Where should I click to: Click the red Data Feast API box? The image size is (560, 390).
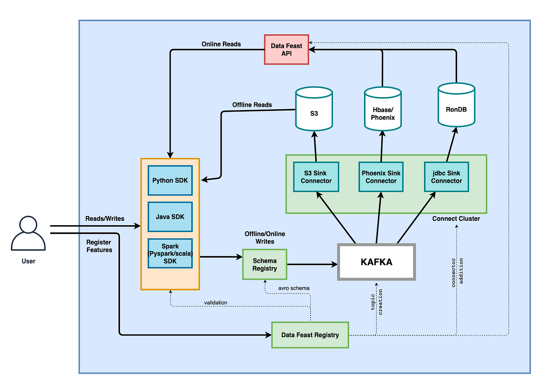(286, 50)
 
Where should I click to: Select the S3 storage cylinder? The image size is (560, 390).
(314, 109)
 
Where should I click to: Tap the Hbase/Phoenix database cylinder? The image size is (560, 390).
(383, 109)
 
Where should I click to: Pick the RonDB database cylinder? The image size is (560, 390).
(456, 105)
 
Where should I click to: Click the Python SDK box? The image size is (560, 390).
(170, 180)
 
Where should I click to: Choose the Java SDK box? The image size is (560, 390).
(170, 217)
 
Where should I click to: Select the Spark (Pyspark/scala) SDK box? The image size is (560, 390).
(170, 254)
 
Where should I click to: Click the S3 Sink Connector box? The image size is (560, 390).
(316, 177)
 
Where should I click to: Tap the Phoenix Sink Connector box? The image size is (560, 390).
(381, 177)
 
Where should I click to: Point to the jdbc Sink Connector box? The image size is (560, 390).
(446, 177)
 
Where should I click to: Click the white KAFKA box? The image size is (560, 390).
(376, 262)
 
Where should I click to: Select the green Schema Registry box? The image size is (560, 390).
(264, 264)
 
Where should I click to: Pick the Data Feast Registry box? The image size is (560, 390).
(310, 335)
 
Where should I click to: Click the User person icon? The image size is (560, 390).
(28, 234)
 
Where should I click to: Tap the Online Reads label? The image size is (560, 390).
(221, 44)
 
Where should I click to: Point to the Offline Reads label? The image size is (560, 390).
(252, 105)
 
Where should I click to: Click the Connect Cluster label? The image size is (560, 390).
(456, 218)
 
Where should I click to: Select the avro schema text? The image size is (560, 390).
(294, 288)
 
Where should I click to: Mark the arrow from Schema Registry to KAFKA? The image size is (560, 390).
(312, 264)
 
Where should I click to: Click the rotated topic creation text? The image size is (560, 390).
(376, 302)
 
